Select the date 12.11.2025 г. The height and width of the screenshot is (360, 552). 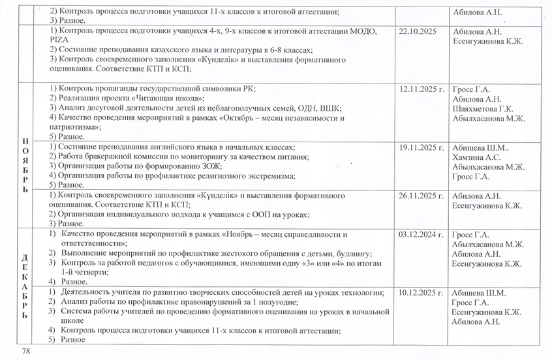[x=422, y=90]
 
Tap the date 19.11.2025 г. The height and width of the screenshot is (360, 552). [x=422, y=148]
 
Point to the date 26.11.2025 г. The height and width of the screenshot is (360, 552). [x=422, y=196]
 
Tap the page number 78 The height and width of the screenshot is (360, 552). [x=27, y=352]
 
